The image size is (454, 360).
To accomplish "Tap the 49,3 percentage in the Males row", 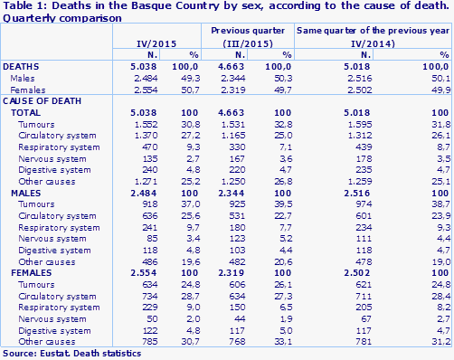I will click(190, 79).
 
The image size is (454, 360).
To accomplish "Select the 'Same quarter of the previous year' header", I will click(374, 32).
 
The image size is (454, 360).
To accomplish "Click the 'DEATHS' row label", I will click(22, 68).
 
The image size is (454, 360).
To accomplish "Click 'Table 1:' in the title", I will click(22, 6).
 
